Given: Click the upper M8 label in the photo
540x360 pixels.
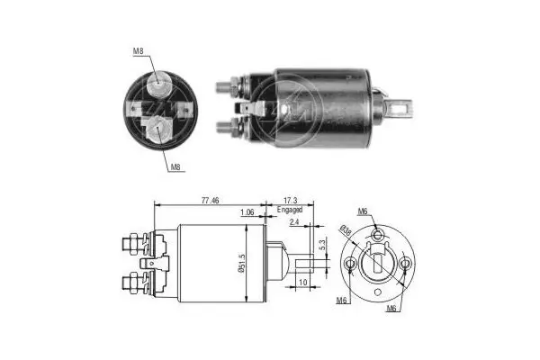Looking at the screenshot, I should tap(139, 51).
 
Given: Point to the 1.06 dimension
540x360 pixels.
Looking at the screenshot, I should tap(246, 212).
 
